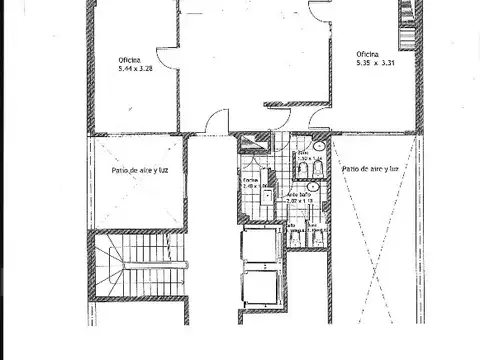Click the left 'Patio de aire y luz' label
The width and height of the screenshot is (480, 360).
[x=139, y=170]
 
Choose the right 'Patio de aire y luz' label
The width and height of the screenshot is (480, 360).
[x=371, y=170]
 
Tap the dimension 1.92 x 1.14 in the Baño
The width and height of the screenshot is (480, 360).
[x=308, y=159]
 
